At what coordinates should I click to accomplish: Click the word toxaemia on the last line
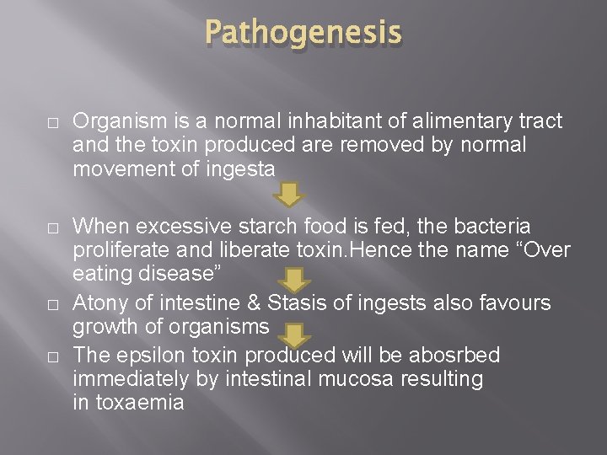pos(140,403)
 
